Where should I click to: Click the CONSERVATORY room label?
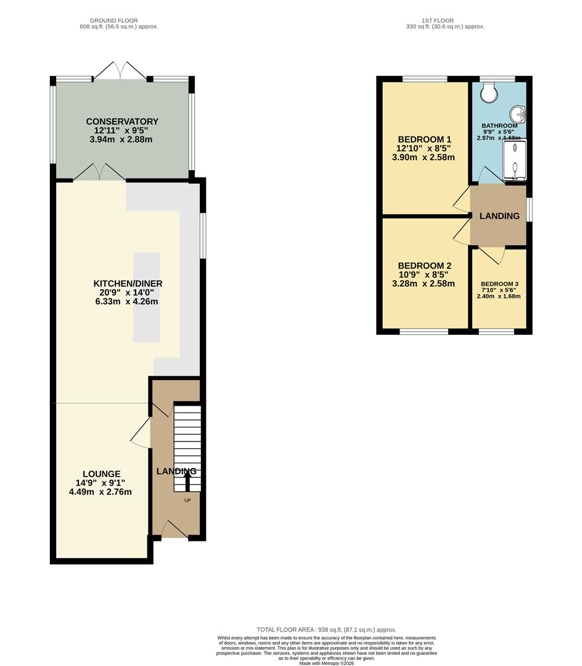click(x=122, y=121)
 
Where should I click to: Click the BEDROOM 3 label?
click(x=499, y=284)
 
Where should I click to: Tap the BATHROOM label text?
click(x=499, y=126)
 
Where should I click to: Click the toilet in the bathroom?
click(x=490, y=92)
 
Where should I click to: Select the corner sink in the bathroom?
click(x=518, y=114)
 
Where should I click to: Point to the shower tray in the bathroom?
click(x=515, y=160)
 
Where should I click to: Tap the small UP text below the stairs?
click(x=187, y=500)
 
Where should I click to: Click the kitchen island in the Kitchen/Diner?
click(x=147, y=297)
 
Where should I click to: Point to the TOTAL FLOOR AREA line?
click(x=327, y=630)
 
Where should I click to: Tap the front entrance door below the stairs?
click(x=175, y=530)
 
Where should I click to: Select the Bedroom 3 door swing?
click(x=491, y=255)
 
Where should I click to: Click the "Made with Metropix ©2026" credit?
click(x=327, y=663)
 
